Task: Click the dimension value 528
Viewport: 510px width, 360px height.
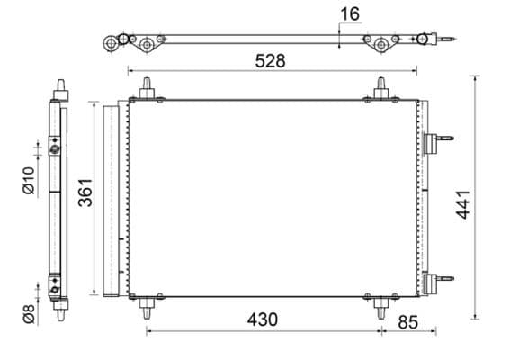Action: (270, 61)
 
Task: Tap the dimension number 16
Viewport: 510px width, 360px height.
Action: (351, 14)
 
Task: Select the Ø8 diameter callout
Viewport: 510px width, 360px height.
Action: (28, 314)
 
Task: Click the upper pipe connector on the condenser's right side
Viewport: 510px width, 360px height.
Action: (434, 143)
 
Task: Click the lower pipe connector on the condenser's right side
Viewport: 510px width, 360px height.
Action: (434, 281)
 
